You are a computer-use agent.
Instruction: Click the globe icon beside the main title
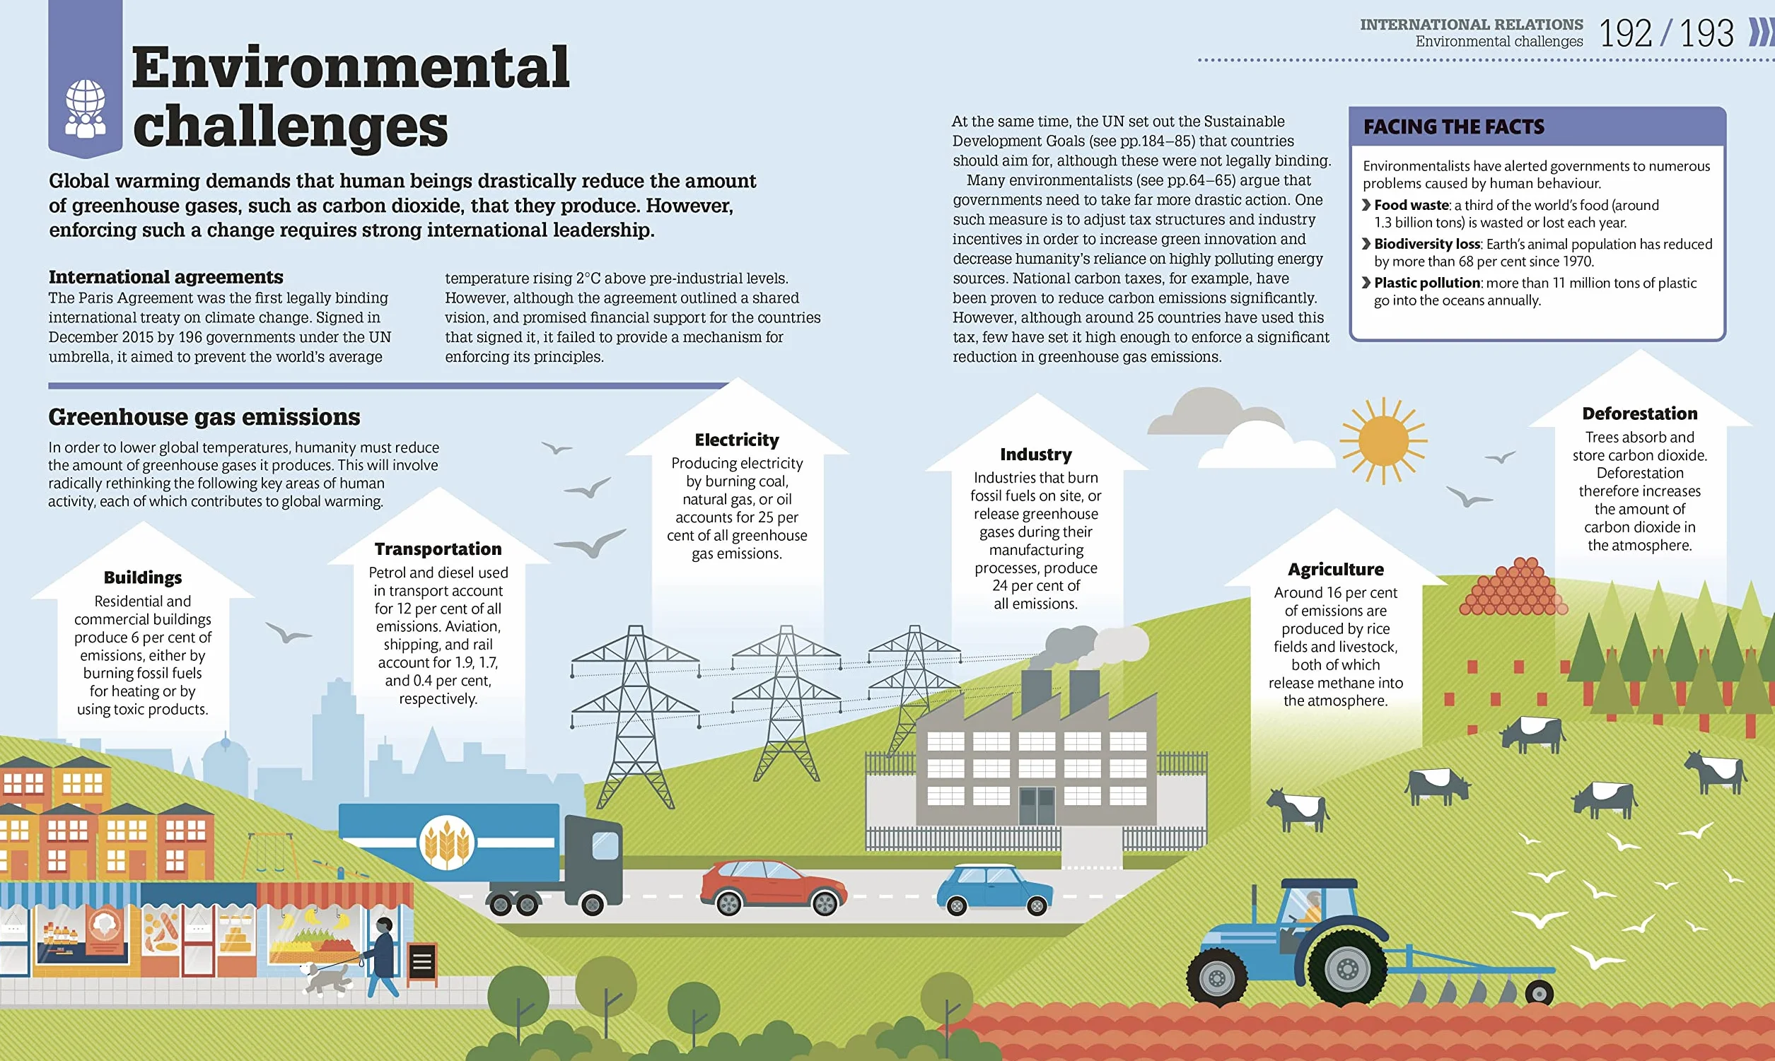[x=85, y=108]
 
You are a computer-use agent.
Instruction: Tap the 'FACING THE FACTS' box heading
[x=1453, y=127]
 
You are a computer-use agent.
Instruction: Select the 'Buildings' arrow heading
[x=142, y=577]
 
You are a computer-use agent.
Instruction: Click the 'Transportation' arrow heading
[x=438, y=549]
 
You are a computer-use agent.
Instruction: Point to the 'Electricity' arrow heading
[x=737, y=440]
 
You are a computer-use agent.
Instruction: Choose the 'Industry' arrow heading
[x=1035, y=454]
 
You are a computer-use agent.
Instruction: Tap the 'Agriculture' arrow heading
[x=1335, y=569]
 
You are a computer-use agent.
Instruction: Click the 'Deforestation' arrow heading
[x=1639, y=414]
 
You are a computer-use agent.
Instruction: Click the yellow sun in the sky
[x=1383, y=440]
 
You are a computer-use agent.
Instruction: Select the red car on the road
[x=773, y=887]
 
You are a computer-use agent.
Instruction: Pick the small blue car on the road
[x=994, y=889]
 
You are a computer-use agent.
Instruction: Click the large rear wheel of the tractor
[x=1346, y=968]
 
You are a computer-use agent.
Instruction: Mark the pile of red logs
[x=1512, y=587]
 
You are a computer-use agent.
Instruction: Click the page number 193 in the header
[x=1706, y=34]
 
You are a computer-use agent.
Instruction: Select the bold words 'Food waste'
[x=1411, y=205]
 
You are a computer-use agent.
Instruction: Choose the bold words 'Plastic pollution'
[x=1427, y=283]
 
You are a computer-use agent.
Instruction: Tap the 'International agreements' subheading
[x=166, y=276]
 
